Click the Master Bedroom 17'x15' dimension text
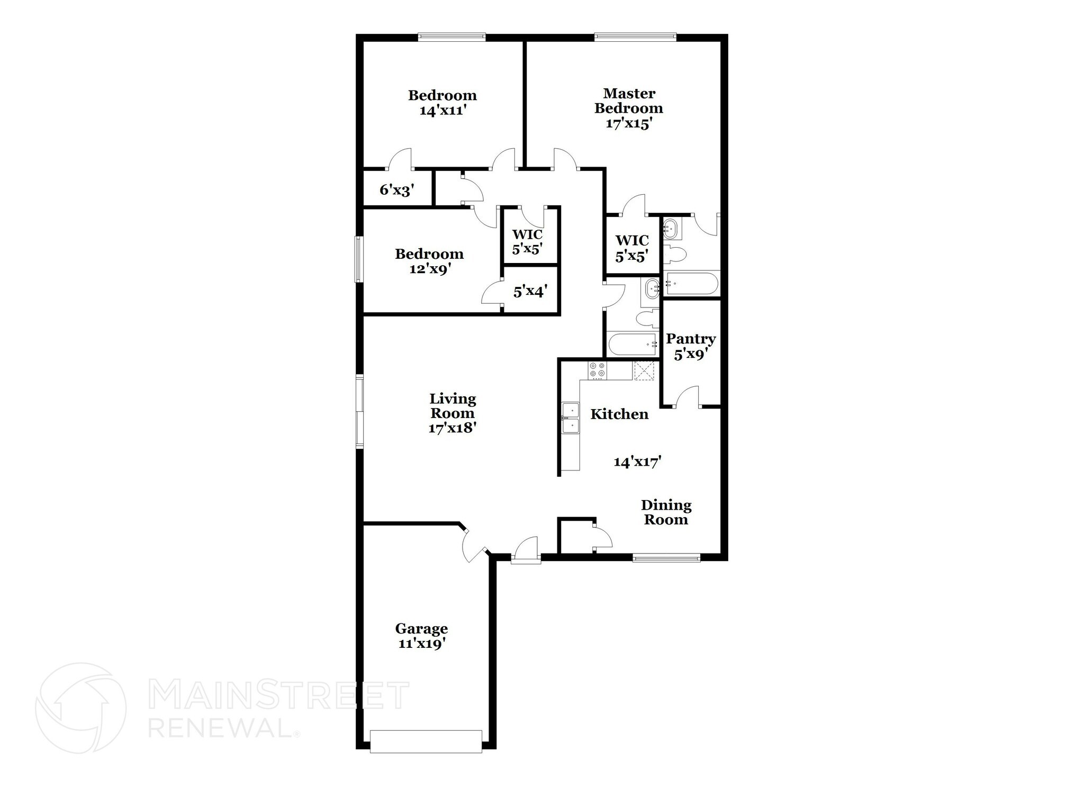628,123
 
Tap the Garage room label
421,629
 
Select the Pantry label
691,339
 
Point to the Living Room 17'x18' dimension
453,428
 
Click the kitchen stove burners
597,369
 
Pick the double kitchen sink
571,418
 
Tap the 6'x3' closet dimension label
397,191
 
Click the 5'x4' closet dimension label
530,291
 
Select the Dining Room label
666,512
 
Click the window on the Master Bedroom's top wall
635,37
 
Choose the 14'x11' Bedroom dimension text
442,111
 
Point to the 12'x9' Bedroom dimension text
429,268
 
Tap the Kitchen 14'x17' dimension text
638,462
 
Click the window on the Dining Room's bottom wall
666,557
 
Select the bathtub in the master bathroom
691,284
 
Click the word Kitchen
619,414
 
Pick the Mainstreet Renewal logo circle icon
80,708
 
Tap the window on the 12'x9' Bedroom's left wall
359,259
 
